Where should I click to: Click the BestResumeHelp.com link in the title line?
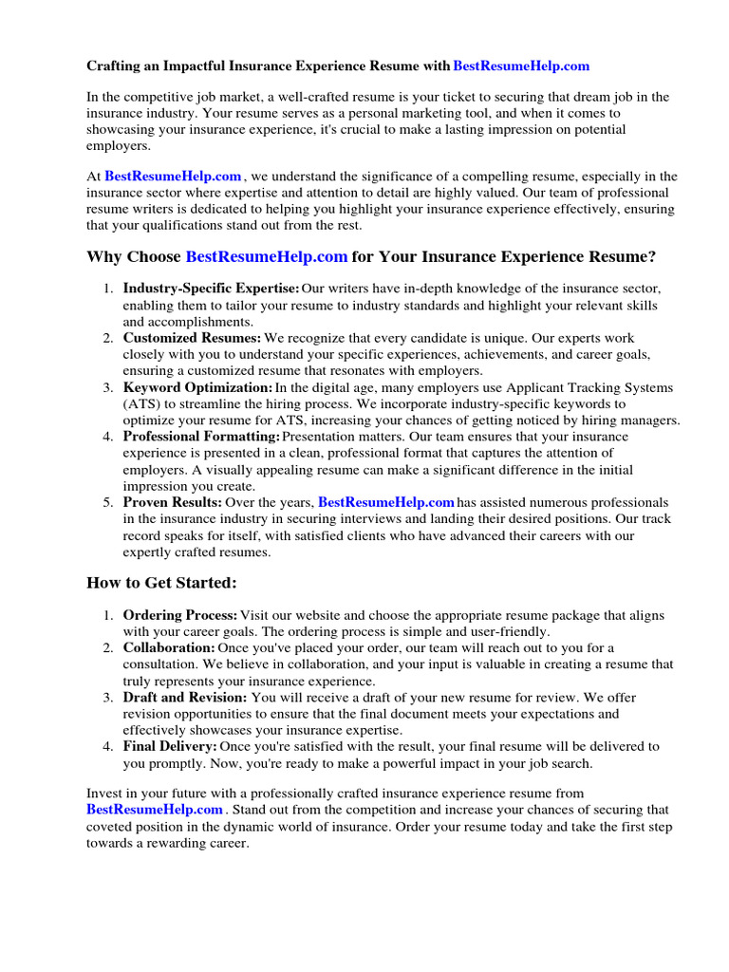coord(521,65)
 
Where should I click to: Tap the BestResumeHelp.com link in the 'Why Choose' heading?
coord(267,257)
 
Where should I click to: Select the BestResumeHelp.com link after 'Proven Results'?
coord(386,501)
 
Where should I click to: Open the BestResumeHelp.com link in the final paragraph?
coord(155,810)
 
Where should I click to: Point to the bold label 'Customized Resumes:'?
coord(192,338)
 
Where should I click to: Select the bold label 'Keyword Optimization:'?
coord(197,388)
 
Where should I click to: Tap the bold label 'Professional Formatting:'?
coord(201,437)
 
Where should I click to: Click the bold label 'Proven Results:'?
coord(173,501)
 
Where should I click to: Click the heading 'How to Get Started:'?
coord(161,582)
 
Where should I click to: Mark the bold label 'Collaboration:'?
coord(169,647)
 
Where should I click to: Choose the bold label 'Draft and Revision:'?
coord(185,697)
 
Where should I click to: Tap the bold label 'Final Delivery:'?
coord(170,746)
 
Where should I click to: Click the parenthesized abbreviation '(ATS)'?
coord(141,403)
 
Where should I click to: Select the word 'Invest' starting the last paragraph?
coord(104,793)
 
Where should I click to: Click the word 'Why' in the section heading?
coord(103,257)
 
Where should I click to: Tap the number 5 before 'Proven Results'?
coord(108,501)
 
